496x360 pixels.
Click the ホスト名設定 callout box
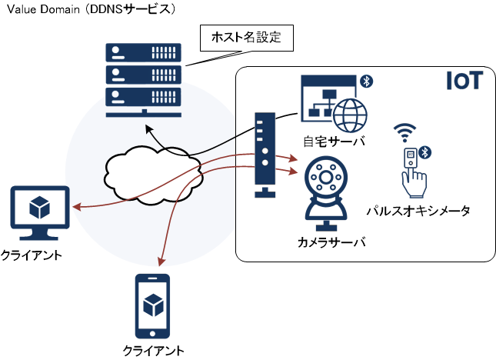(247, 38)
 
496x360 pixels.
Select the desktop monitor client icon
(40, 213)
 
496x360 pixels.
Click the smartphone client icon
(152, 306)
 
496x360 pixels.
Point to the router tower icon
(265, 155)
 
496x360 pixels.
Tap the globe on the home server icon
(350, 115)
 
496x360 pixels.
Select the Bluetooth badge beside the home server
(366, 82)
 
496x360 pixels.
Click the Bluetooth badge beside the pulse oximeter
(424, 153)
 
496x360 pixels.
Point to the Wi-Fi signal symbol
(405, 132)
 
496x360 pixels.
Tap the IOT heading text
(464, 81)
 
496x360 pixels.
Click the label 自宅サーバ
(334, 142)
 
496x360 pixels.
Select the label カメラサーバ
(331, 242)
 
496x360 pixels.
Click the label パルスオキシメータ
(418, 211)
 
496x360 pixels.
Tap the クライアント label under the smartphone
(154, 351)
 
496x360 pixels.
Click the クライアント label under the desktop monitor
(32, 255)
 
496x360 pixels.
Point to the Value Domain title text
(43, 9)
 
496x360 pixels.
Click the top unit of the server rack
(143, 52)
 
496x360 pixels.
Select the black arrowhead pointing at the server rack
(149, 128)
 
